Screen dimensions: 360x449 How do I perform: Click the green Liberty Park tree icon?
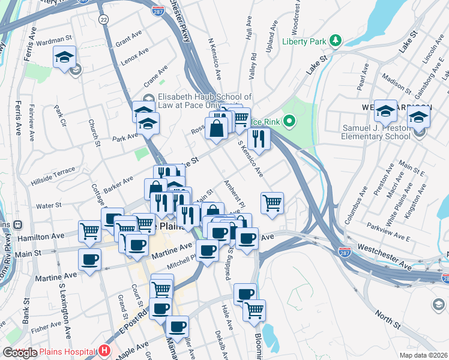pyautogui.click(x=337, y=41)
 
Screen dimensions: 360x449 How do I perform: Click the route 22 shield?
pyautogui.click(x=104, y=20)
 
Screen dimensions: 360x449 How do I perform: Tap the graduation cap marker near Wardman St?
pyautogui.click(x=64, y=57)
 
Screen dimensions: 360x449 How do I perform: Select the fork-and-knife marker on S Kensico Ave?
pyautogui.click(x=259, y=138)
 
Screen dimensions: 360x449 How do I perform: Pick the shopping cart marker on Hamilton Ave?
pyautogui.click(x=89, y=230)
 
